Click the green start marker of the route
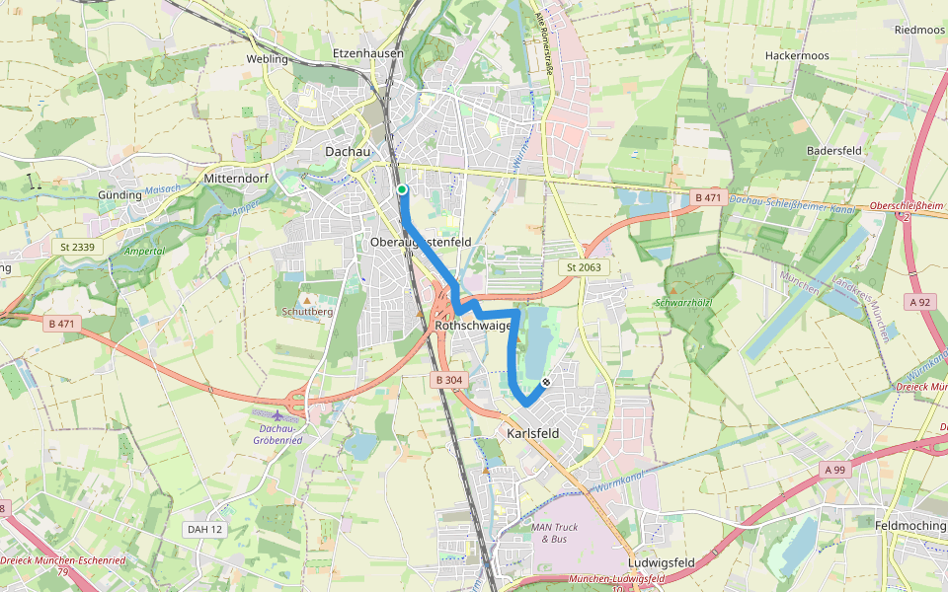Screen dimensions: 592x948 pyautogui.click(x=402, y=189)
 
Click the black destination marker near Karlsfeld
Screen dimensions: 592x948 pyautogui.click(x=546, y=381)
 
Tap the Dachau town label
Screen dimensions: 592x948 pyautogui.click(x=348, y=152)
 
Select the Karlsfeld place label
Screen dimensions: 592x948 pyautogui.click(x=532, y=433)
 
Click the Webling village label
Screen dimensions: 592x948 pyautogui.click(x=267, y=59)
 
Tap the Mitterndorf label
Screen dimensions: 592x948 pyautogui.click(x=236, y=179)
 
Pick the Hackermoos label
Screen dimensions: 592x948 pyautogui.click(x=797, y=56)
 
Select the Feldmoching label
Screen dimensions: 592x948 pyautogui.click(x=909, y=526)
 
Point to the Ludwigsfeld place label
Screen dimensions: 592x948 pyautogui.click(x=661, y=563)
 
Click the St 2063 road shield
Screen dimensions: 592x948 pyautogui.click(x=585, y=267)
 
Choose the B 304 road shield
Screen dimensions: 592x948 pyautogui.click(x=447, y=380)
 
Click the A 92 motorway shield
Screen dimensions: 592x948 pyautogui.click(x=920, y=302)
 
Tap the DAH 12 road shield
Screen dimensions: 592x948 pyautogui.click(x=204, y=530)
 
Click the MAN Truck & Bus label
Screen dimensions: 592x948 pyautogui.click(x=554, y=533)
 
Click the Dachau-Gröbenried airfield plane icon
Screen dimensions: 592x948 pyautogui.click(x=277, y=416)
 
